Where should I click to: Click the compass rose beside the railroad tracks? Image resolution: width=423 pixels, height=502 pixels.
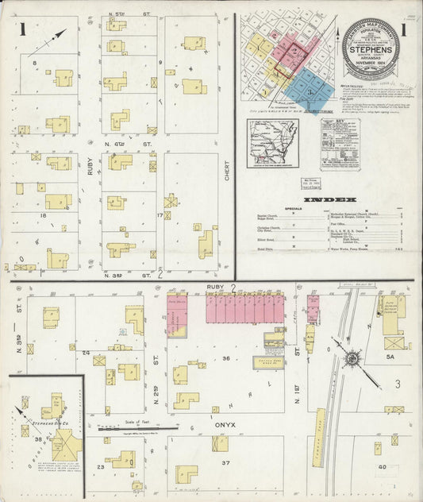tap(350, 358)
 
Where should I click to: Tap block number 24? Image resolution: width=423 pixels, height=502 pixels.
tap(85, 351)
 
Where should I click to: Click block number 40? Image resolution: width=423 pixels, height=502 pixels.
tap(382, 467)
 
